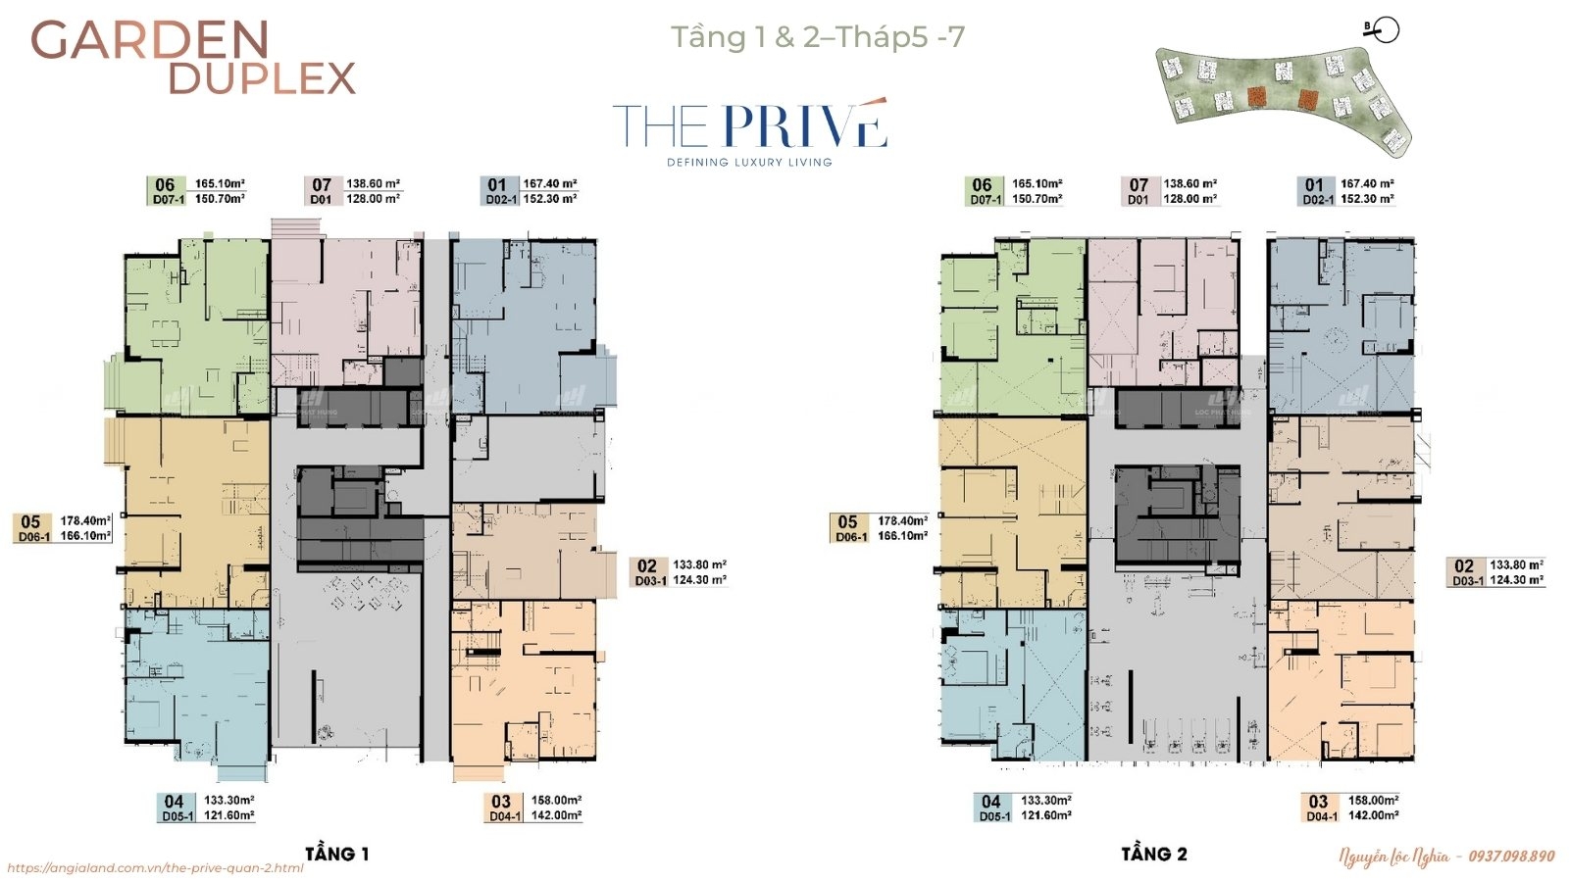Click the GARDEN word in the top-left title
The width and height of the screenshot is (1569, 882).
pyautogui.click(x=150, y=40)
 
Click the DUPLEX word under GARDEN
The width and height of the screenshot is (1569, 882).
pyautogui.click(x=262, y=78)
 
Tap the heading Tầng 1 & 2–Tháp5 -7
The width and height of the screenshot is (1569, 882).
pyautogui.click(x=817, y=37)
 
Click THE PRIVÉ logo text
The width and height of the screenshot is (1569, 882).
pyautogui.click(x=750, y=126)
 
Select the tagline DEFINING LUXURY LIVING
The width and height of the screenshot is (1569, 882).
pyautogui.click(x=749, y=162)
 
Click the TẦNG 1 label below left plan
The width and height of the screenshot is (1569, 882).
pyautogui.click(x=336, y=854)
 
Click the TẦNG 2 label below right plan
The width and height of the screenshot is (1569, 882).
pyautogui.click(x=1154, y=854)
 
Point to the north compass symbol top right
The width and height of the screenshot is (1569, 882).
pyautogui.click(x=1386, y=30)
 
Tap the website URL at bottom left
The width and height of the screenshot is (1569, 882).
pyautogui.click(x=155, y=868)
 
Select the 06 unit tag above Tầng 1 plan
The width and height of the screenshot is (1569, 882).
pyautogui.click(x=165, y=184)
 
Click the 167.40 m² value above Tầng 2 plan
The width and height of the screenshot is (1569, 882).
pyautogui.click(x=1367, y=183)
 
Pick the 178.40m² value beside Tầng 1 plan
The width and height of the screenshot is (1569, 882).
pyautogui.click(x=85, y=521)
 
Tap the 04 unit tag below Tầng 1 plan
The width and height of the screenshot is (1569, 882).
pyautogui.click(x=175, y=801)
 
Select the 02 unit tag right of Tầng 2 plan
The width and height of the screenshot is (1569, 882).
pyautogui.click(x=1464, y=565)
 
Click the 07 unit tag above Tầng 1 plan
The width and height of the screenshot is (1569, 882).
pyautogui.click(x=322, y=184)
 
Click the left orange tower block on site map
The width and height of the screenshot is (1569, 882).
pyautogui.click(x=1256, y=96)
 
